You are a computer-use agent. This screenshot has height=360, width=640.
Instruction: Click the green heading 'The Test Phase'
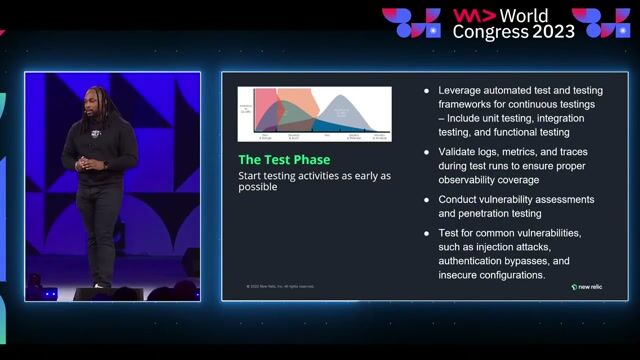point(284,160)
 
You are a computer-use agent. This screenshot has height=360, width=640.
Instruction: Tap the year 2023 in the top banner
point(552,31)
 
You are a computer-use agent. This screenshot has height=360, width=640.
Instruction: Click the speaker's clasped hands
point(92,163)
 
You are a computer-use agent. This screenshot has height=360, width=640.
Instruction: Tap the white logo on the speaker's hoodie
point(96,133)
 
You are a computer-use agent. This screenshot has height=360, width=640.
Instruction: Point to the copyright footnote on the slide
point(280,287)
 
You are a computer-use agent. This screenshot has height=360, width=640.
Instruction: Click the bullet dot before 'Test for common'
point(428,233)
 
